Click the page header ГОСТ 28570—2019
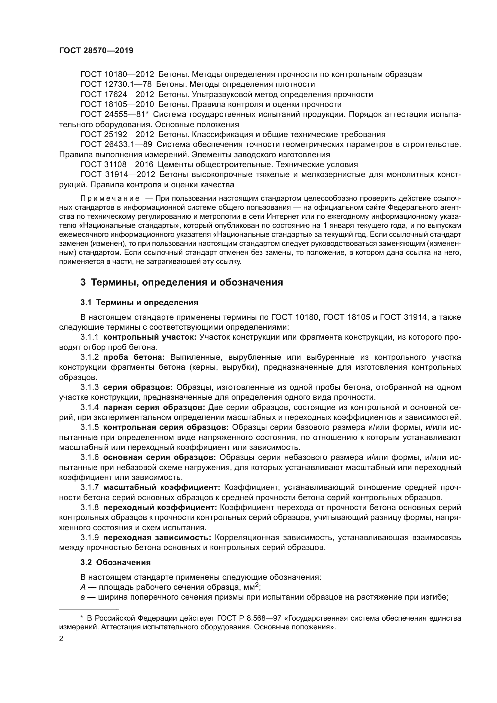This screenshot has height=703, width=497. click(x=96, y=51)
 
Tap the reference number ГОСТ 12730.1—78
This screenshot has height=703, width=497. click(x=116, y=84)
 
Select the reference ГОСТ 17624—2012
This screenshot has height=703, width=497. click(x=117, y=94)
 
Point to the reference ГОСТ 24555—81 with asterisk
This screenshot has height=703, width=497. click(x=114, y=114)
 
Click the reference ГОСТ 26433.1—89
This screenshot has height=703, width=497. click(x=116, y=145)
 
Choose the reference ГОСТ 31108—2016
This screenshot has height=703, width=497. click(x=117, y=165)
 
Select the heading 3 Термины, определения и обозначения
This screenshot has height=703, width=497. click(x=181, y=282)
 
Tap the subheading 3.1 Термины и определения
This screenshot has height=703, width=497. click(x=139, y=303)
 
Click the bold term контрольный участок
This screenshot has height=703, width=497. click(x=150, y=337)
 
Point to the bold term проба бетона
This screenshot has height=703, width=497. click(x=134, y=357)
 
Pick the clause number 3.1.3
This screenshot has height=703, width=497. click(x=89, y=387)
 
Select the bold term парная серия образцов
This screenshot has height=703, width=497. click(x=154, y=408)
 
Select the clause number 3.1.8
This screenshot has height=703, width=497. click(x=89, y=508)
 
